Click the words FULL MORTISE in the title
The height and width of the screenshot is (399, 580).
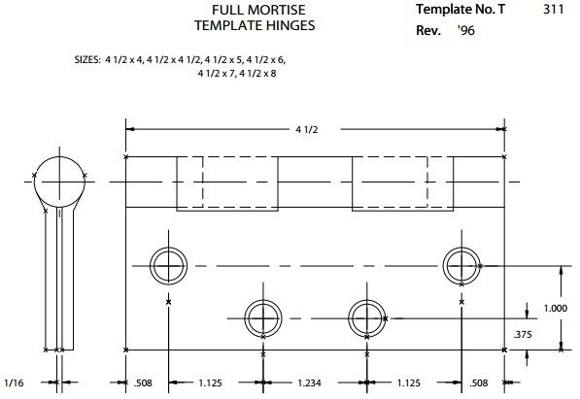pyautogui.click(x=232, y=10)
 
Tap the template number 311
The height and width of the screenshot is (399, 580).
pyautogui.click(x=555, y=9)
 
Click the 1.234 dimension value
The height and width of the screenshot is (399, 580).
pyautogui.click(x=311, y=382)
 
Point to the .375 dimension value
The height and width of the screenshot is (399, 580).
pyautogui.click(x=523, y=333)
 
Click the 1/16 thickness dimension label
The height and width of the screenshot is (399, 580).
pyautogui.click(x=14, y=382)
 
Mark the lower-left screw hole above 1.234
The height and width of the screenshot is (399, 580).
pyautogui.click(x=260, y=316)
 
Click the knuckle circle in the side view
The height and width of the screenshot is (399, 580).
pyautogui.click(x=59, y=180)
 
